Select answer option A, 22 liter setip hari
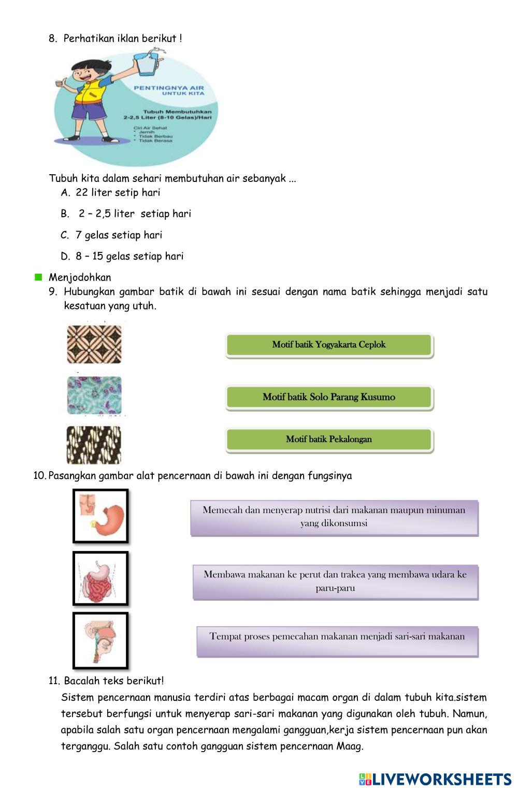coord(118,193)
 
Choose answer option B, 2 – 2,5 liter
coord(134,214)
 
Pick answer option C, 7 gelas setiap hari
coord(119,235)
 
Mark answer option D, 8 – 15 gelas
coord(129,257)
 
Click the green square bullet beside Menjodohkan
coord(38,277)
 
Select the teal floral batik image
coord(94,395)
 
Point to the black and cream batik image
coord(94,445)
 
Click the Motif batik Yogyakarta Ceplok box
coord(329,345)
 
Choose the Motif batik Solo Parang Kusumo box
coord(329,398)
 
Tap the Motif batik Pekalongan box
coord(329,440)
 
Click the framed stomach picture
coord(100,516)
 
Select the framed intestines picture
coord(100,578)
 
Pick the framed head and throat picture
coord(100,640)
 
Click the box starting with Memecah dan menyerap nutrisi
coord(334,517)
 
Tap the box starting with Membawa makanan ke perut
coord(335,582)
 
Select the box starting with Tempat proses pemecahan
coord(337,641)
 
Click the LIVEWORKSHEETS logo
coord(435,779)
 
